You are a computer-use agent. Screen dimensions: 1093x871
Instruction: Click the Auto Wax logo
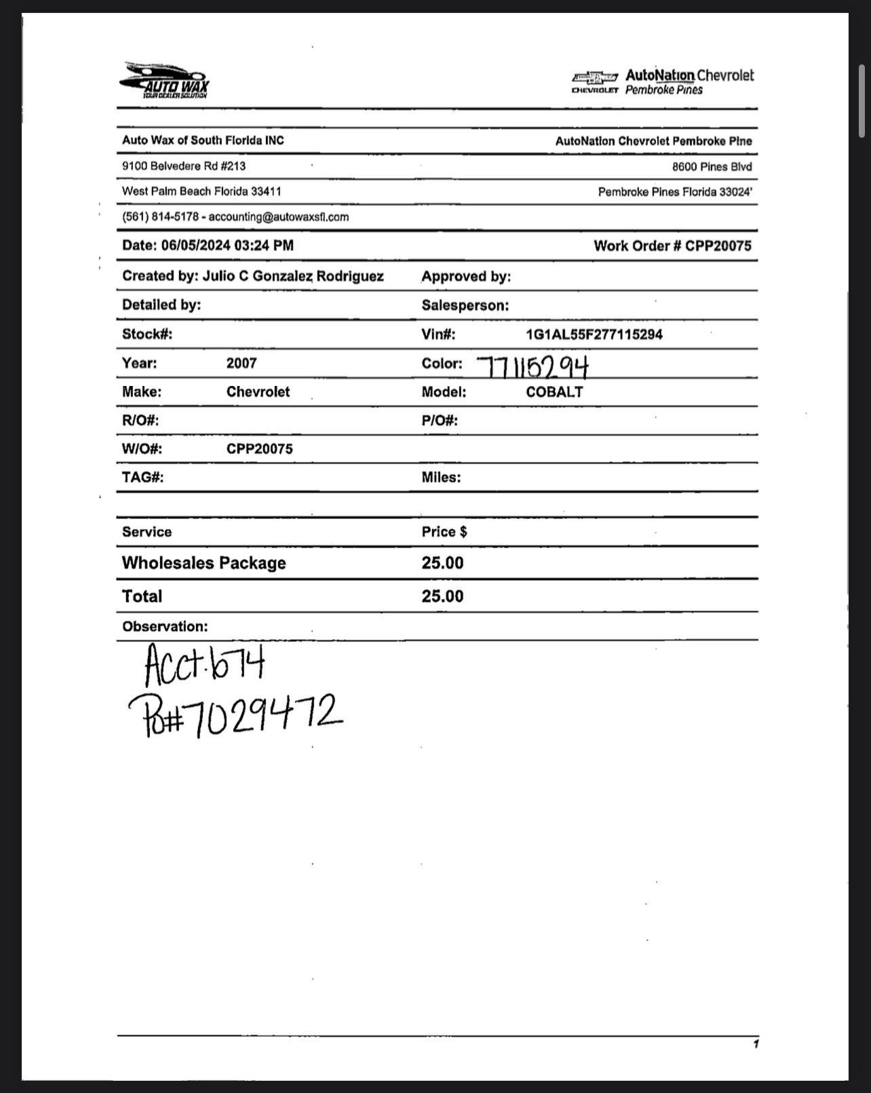click(165, 81)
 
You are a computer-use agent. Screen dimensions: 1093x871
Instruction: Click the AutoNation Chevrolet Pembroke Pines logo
click(662, 81)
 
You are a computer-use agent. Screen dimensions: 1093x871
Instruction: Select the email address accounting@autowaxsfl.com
click(279, 217)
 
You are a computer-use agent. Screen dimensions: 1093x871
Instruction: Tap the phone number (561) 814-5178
click(160, 217)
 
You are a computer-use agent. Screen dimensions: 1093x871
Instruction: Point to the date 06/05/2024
click(195, 246)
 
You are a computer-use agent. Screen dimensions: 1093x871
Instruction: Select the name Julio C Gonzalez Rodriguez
click(293, 276)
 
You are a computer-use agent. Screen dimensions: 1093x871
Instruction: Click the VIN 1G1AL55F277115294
click(594, 334)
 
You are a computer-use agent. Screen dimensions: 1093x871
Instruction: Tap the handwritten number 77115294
click(533, 367)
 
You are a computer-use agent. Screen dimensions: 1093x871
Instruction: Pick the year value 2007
click(241, 363)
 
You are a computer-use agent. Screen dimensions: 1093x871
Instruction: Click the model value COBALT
click(554, 392)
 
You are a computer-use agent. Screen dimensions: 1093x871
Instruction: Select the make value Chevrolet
click(258, 392)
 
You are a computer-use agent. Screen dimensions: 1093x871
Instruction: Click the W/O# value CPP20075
click(259, 449)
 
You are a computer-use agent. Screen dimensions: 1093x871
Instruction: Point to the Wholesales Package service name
click(204, 563)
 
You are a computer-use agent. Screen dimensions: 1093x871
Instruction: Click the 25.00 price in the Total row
click(442, 596)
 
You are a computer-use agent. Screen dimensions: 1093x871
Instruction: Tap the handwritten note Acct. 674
click(204, 664)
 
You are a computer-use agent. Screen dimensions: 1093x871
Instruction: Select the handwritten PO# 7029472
click(235, 715)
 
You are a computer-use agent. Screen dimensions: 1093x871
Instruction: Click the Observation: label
click(165, 627)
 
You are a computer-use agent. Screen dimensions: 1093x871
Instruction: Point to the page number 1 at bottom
click(756, 1044)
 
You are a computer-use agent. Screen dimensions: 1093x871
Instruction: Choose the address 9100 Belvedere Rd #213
click(184, 166)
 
